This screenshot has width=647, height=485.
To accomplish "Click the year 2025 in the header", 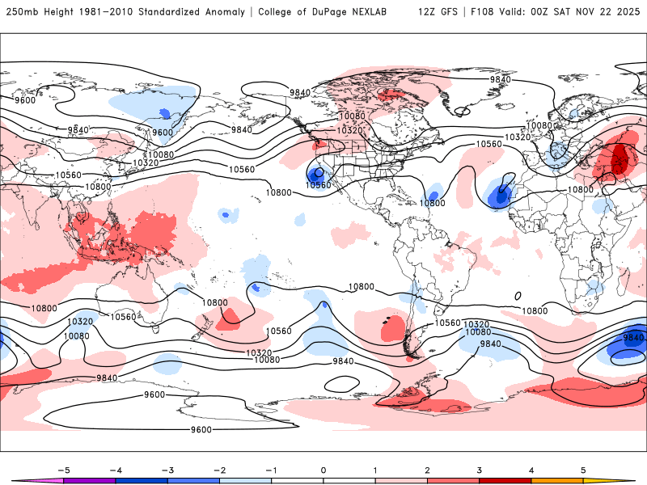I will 628,12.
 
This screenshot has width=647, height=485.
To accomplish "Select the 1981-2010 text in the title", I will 106,12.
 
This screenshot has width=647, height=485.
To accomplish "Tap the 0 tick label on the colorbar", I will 323,469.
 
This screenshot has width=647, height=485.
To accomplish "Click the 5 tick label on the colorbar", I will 583,469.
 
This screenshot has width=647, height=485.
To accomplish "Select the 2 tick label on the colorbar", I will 427,469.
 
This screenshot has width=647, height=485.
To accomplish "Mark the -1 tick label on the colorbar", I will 271,469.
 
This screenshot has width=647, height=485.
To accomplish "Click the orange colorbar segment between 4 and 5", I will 557,480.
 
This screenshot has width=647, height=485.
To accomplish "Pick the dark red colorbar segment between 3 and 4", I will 505,480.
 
